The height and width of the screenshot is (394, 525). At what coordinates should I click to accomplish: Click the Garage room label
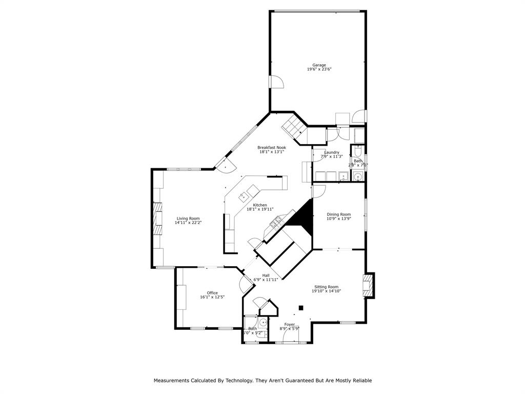[x=319, y=65]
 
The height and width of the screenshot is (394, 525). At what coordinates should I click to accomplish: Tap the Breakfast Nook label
[x=271, y=147]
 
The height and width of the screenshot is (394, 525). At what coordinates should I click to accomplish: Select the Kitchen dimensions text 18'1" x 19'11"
[x=260, y=209]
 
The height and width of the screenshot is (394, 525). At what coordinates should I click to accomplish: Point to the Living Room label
[x=188, y=218]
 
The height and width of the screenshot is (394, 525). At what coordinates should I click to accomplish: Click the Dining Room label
[x=339, y=214]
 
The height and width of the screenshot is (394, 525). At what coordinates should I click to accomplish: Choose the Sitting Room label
[x=326, y=287]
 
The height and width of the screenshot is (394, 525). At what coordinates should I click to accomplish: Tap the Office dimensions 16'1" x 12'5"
[x=212, y=297]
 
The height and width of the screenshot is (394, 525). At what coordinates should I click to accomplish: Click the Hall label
[x=266, y=275]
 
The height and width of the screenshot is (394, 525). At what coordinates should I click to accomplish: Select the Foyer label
[x=290, y=324]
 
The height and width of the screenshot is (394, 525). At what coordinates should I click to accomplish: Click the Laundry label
[x=332, y=152]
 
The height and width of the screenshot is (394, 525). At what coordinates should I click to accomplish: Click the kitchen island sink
[x=244, y=196]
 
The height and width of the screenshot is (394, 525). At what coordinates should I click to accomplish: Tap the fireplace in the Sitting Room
[x=369, y=286]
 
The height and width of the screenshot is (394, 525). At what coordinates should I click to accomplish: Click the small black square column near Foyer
[x=301, y=308]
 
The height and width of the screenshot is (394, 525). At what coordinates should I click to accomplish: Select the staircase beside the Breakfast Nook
[x=294, y=126]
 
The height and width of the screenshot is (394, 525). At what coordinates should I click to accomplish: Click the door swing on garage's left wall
[x=276, y=82]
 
